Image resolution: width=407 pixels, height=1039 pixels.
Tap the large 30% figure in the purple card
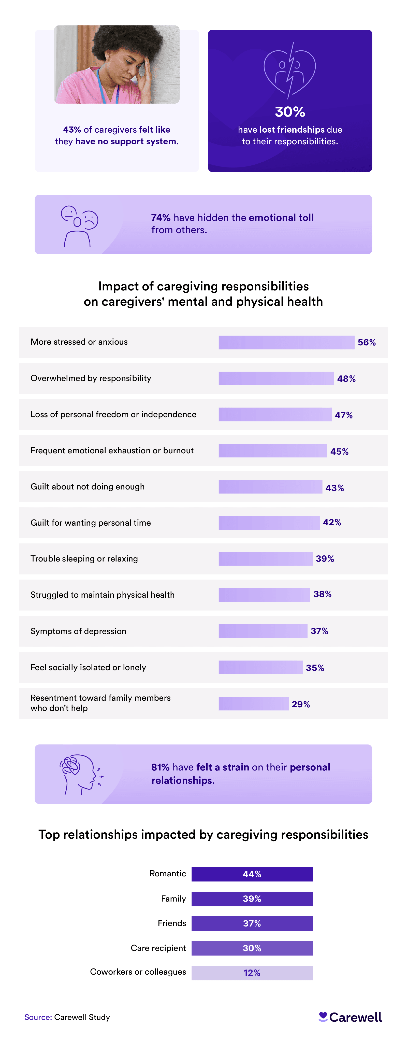click(x=290, y=112)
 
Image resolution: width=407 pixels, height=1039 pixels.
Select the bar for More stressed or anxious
click(x=286, y=342)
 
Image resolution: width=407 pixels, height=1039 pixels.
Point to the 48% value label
click(x=346, y=379)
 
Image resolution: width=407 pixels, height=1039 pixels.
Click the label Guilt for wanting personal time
click(x=91, y=523)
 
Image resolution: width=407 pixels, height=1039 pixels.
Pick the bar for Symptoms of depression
click(x=263, y=631)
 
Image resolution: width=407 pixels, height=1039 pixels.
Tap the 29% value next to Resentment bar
click(x=301, y=704)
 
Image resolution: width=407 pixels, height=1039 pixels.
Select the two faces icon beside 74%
click(x=79, y=226)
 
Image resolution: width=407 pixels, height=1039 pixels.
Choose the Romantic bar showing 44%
click(x=252, y=874)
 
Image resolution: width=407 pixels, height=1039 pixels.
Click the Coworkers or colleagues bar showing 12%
click(x=252, y=973)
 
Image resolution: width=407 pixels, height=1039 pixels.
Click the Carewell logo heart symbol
click(x=323, y=1016)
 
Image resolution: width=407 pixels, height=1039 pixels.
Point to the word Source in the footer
click(x=37, y=1017)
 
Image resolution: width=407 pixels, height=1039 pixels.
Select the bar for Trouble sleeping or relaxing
click(x=265, y=559)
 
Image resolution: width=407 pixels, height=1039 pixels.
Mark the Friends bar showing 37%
click(x=252, y=923)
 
